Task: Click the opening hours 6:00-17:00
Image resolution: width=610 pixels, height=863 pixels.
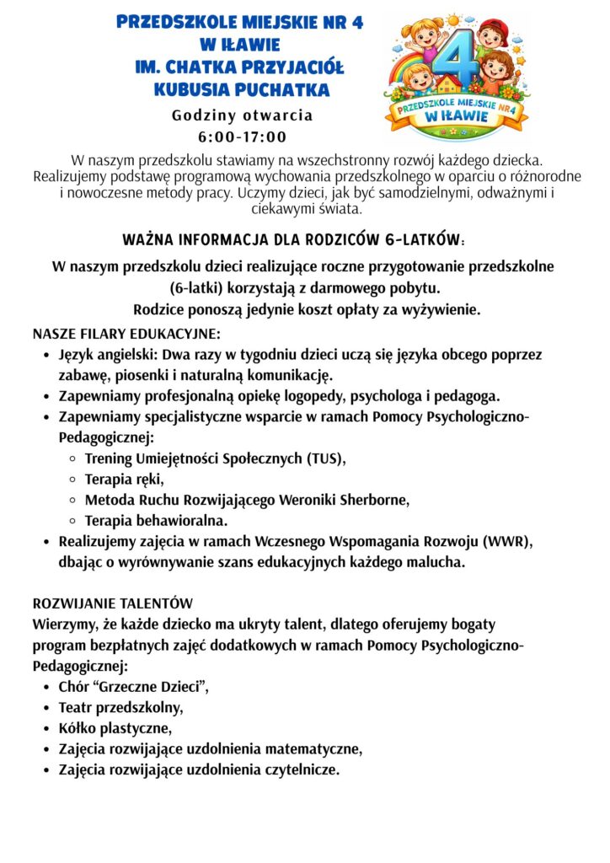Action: click(x=243, y=137)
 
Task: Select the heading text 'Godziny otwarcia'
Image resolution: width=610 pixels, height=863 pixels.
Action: click(x=243, y=115)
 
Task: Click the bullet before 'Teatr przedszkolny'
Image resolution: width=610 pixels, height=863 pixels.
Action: click(x=47, y=708)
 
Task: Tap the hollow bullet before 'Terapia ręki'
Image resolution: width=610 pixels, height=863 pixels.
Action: click(x=72, y=480)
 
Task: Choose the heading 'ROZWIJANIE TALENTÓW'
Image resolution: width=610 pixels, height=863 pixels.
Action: click(x=113, y=604)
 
